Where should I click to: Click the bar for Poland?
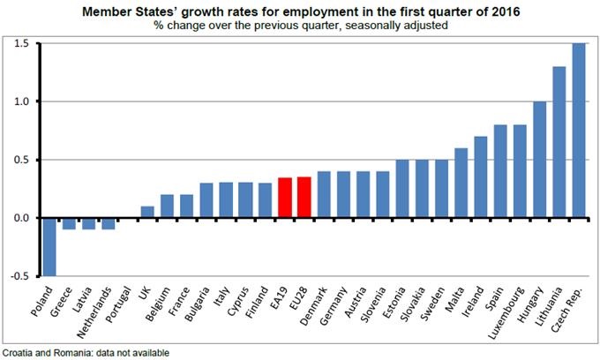tap(49, 246)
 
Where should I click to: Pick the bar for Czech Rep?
tap(578, 130)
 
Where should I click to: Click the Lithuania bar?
tap(559, 142)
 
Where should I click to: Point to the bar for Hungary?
tap(539, 160)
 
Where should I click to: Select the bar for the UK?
tap(148, 212)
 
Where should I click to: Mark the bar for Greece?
tap(70, 223)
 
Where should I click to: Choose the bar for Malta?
tap(461, 183)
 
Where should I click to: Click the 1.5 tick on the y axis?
tap(22, 43)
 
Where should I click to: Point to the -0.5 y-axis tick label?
tap(20, 275)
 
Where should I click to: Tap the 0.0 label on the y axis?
tap(22, 217)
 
